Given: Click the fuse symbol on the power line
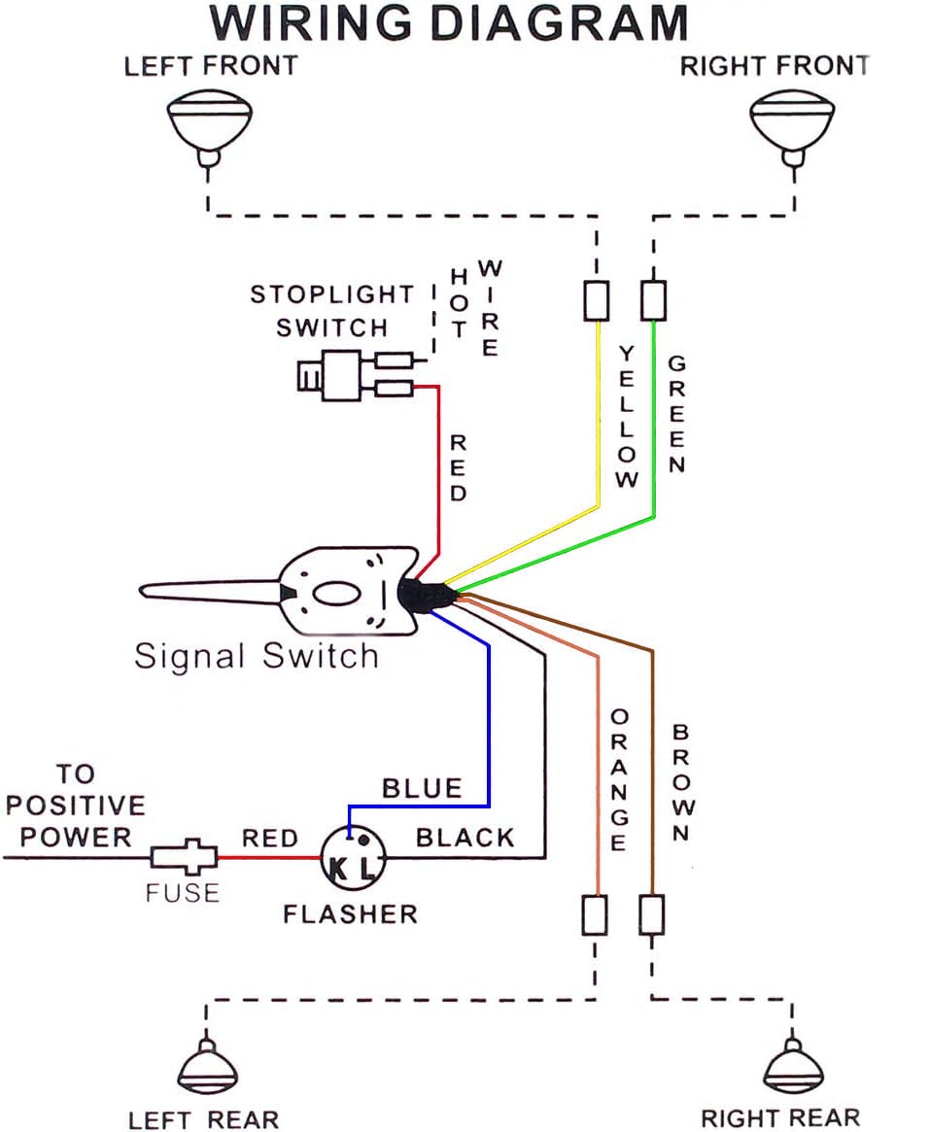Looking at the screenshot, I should [x=183, y=857].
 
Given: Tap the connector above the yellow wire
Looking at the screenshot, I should [x=597, y=300].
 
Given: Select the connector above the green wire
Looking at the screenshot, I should [x=654, y=300].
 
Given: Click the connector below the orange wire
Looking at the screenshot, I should [x=595, y=914].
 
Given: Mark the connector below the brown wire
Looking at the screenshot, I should [x=652, y=914].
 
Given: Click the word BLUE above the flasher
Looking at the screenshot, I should [x=422, y=788].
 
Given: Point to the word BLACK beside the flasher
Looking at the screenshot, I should [x=465, y=838].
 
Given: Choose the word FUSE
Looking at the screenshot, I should [x=183, y=892].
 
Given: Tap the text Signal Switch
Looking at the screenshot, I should [x=257, y=656].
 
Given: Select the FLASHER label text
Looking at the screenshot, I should [x=350, y=914].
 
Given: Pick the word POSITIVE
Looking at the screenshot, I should [x=74, y=806].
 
